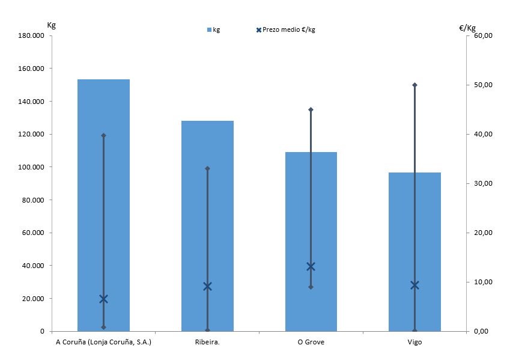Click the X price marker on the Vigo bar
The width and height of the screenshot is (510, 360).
(x=414, y=285)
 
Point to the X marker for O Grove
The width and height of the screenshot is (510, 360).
(x=311, y=267)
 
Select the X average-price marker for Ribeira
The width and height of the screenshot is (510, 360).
(x=207, y=286)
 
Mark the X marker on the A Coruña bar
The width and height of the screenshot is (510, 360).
(x=103, y=299)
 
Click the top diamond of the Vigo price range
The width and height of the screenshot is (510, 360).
(x=414, y=85)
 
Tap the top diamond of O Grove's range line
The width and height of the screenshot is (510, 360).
(x=311, y=109)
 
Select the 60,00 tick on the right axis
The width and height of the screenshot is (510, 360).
(x=483, y=36)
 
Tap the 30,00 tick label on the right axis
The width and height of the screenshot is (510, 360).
(x=483, y=183)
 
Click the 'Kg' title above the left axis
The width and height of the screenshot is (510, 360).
(x=51, y=25)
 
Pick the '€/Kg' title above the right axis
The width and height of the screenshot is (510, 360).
(x=467, y=27)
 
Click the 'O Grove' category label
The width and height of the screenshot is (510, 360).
(x=311, y=343)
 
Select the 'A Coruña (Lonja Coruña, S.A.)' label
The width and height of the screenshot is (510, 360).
(x=103, y=343)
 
